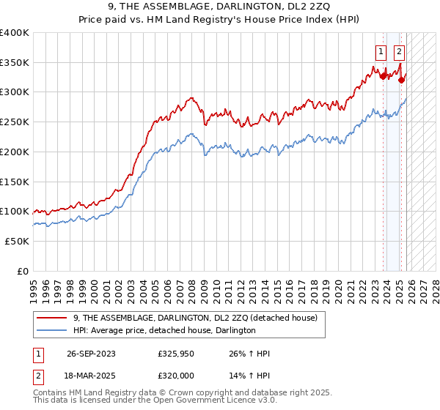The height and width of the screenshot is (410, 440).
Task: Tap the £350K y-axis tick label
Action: point(14,63)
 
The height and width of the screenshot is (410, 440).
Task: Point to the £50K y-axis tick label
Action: point(16,241)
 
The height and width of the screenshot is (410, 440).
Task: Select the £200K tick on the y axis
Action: point(14,152)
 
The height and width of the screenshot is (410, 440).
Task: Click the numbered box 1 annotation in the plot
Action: point(381,52)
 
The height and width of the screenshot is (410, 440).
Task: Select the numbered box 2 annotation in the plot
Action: point(399,52)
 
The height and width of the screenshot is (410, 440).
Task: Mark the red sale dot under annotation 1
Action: point(383,75)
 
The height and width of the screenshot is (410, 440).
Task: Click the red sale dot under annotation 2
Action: point(401,80)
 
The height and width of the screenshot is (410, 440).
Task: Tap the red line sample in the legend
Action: point(51,318)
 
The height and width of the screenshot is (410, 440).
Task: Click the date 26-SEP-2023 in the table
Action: point(91,354)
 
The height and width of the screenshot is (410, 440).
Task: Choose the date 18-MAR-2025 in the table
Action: point(91,377)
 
